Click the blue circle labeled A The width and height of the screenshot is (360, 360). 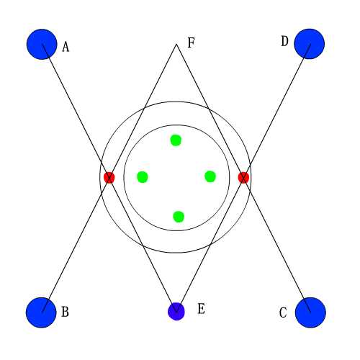tap(42, 44)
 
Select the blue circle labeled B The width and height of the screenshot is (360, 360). tap(41, 312)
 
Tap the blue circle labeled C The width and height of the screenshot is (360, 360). tap(310, 312)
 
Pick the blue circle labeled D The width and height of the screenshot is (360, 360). tap(310, 44)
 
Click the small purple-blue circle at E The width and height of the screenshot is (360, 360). tap(176, 311)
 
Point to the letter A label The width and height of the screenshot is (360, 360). tap(66, 47)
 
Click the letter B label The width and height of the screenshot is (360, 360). tap(65, 312)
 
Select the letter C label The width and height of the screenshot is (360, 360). tap(283, 312)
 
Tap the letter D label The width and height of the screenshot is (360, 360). tap(284, 41)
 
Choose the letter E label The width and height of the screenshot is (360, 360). tap(201, 309)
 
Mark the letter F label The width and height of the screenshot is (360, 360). tap(191, 42)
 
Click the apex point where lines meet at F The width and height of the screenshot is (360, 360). tap(176, 44)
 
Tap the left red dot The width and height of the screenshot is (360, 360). tap(109, 178)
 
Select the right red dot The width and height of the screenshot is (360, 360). tap(243, 178)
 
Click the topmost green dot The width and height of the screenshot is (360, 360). tap(176, 140)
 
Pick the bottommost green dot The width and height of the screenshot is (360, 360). tap(179, 217)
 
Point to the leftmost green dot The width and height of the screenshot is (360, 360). tap(143, 177)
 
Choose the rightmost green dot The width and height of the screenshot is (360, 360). tap(210, 176)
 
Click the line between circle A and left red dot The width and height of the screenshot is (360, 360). tap(76, 111)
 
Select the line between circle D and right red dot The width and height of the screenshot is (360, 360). tap(276, 111)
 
